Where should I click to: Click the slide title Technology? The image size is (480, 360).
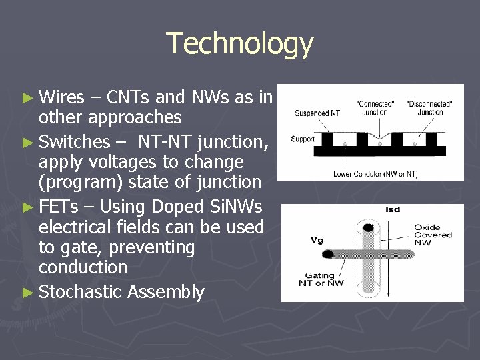[x=239, y=43]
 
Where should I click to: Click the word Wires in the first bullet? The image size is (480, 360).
[x=61, y=98]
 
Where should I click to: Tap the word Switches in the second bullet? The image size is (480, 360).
[x=74, y=141]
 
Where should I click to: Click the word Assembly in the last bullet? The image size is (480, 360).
[x=166, y=292]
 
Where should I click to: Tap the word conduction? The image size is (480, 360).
[x=83, y=267]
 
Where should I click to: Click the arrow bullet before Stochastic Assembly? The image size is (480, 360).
[x=27, y=293]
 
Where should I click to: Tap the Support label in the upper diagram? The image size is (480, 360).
[x=302, y=139]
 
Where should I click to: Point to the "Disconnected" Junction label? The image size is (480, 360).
[x=430, y=107]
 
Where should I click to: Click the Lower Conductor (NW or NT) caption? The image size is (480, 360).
[x=375, y=174]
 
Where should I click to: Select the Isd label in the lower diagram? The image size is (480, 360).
[x=393, y=209]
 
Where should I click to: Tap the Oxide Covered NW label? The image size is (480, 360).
[x=433, y=235]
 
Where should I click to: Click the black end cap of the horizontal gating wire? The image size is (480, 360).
[x=328, y=254]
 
